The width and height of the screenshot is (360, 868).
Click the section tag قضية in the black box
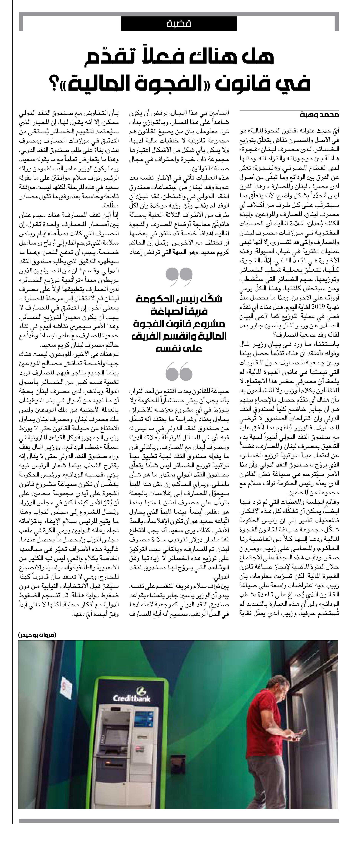point(179,24)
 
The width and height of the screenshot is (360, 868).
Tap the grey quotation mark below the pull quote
point(179,371)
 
